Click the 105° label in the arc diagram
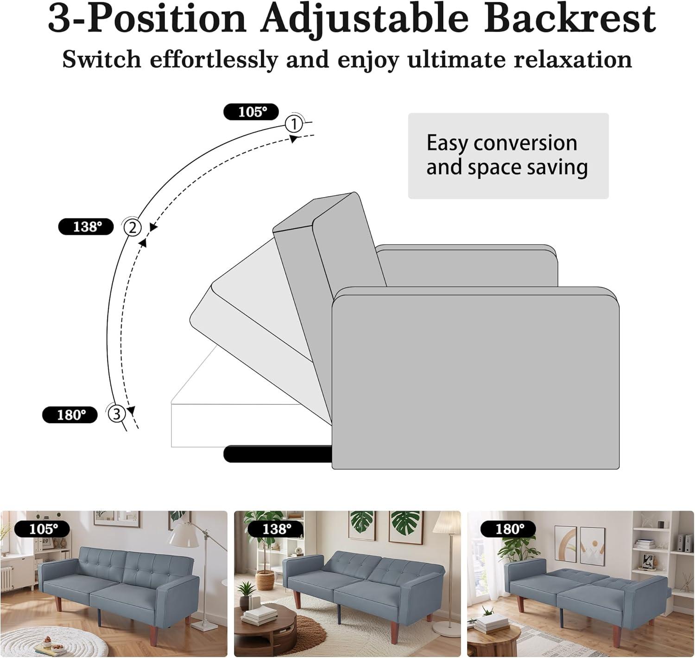coord(251,112)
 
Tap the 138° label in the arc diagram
coord(86,227)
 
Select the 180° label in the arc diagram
coord(69,415)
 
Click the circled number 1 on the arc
coord(294,124)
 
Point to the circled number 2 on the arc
coord(133,228)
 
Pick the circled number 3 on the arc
coord(116,414)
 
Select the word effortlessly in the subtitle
coord(214,59)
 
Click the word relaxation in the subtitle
coord(573,59)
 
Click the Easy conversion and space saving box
coord(508,156)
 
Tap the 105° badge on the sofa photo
coord(43,529)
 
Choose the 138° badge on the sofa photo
coord(276,529)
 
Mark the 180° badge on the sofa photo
coord(508,529)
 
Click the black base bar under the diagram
coord(278,454)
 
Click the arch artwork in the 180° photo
coord(565,544)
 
